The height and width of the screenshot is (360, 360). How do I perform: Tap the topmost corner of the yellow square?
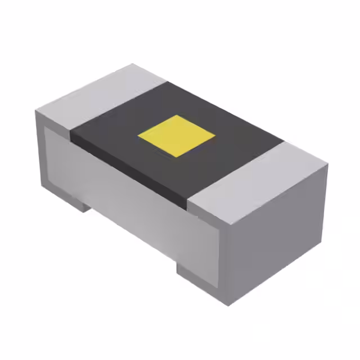(177, 115)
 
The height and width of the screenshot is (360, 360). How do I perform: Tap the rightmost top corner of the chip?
(327, 166)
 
